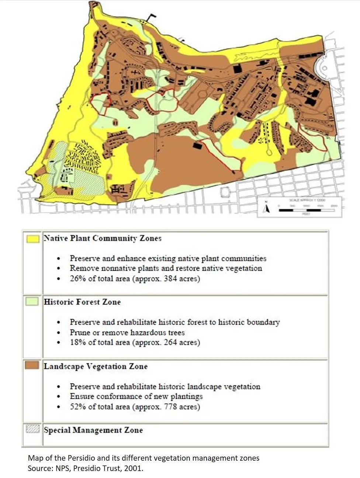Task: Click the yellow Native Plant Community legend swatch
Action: point(32,239)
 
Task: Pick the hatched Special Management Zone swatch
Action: point(32,429)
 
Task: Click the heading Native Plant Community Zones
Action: point(103,238)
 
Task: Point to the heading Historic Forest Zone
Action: point(82,302)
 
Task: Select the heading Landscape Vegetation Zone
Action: point(96,366)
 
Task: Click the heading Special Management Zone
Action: point(93,430)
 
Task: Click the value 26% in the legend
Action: point(78,278)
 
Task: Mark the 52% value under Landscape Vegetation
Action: point(78,407)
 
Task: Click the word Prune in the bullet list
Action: point(80,332)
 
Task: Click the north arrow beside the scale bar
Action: point(268,208)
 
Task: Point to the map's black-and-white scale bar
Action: point(306,210)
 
